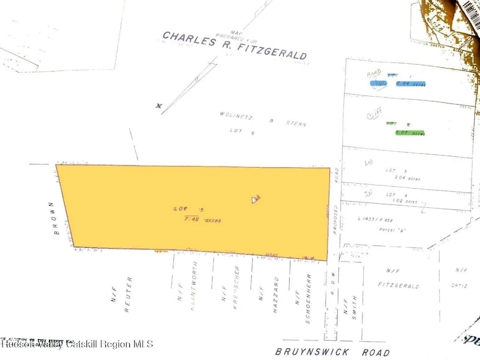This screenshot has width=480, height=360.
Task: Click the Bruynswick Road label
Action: tap(332, 351)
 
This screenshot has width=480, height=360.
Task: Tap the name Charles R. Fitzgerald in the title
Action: tap(235, 47)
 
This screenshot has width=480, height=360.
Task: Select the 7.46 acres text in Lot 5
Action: tap(200, 219)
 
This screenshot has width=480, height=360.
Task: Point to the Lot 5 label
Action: tap(183, 209)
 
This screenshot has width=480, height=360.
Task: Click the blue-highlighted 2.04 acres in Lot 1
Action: tap(411, 83)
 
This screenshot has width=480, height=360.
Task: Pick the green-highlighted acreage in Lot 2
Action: tap(410, 133)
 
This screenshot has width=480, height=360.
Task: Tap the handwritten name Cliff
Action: tap(374, 114)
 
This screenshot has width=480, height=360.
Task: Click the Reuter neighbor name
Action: tap(129, 295)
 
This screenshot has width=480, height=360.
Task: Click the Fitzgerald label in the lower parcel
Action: tap(399, 286)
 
